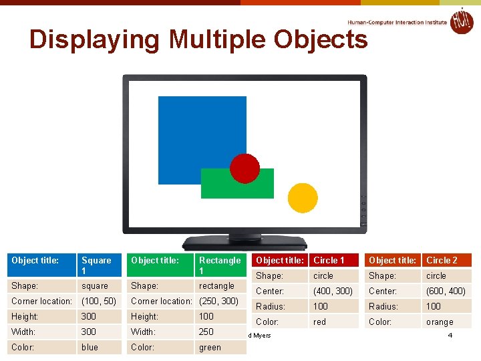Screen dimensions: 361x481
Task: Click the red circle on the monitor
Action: [245, 168]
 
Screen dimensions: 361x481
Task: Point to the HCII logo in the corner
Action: [461, 21]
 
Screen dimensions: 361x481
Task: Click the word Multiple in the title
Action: [220, 40]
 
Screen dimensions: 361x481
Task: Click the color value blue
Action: [90, 347]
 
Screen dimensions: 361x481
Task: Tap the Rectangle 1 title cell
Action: [220, 265]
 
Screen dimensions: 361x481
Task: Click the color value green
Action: [210, 347]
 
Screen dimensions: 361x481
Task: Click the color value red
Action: [320, 322]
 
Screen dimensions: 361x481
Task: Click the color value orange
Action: [440, 322]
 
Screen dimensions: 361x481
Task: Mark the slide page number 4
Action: [450, 335]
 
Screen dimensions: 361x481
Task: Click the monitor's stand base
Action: [245, 243]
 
